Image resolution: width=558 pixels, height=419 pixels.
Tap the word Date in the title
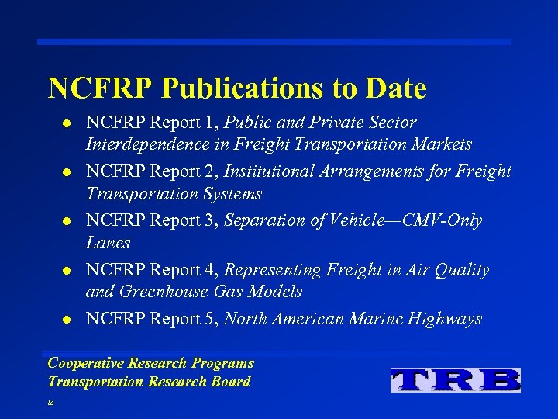pyautogui.click(x=391, y=89)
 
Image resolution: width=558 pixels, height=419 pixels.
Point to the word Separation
pyautogui.click(x=263, y=220)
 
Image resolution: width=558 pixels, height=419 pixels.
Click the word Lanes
pyautogui.click(x=108, y=242)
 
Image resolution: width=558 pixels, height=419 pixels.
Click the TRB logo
pyautogui.click(x=455, y=379)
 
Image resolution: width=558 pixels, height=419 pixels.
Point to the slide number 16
pyautogui.click(x=51, y=404)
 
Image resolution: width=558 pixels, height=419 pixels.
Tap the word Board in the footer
pyautogui.click(x=231, y=381)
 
